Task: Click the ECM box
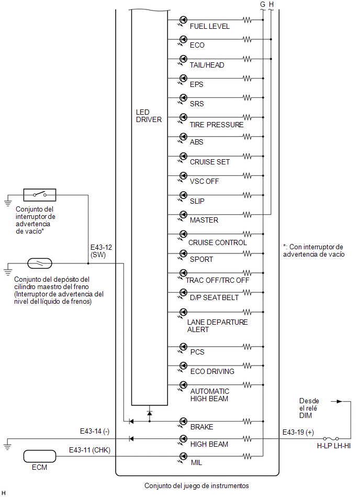[x=40, y=456]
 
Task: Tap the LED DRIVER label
[x=149, y=116]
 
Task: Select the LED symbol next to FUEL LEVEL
[x=183, y=20]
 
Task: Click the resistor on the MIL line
[x=248, y=457]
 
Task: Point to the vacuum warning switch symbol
[x=40, y=195]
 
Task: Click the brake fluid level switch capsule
[x=40, y=263]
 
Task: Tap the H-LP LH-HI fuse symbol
[x=331, y=439]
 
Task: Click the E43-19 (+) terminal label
[x=298, y=432]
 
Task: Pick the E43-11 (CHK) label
[x=89, y=450]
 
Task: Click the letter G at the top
[x=263, y=4]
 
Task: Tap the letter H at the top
[x=271, y=4]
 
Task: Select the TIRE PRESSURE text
[x=217, y=125]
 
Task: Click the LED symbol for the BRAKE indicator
[x=183, y=422]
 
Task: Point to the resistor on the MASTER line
[x=248, y=215]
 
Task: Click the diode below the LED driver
[x=150, y=413]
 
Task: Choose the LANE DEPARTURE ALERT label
[x=217, y=326]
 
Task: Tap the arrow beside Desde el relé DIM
[x=336, y=401]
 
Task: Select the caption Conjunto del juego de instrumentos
[x=197, y=485]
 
